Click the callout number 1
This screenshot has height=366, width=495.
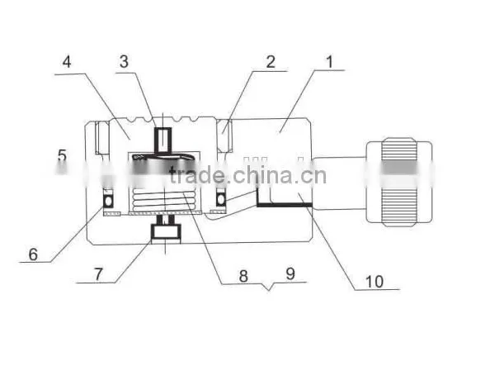[329, 62]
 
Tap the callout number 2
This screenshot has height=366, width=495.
[271, 62]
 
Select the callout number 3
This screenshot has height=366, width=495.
[124, 61]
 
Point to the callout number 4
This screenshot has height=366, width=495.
[67, 62]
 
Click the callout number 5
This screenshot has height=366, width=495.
[63, 156]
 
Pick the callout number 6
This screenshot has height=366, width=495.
[33, 254]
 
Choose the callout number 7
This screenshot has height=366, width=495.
[99, 274]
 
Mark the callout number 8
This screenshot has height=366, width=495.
[243, 276]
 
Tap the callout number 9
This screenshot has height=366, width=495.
[290, 273]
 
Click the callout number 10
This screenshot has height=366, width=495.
[375, 281]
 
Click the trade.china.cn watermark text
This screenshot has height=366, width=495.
[247, 175]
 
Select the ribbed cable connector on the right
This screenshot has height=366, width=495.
[399, 182]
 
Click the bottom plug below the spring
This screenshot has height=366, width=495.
[166, 232]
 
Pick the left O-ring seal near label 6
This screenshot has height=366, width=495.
[109, 201]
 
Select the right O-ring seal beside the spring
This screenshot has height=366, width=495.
[220, 199]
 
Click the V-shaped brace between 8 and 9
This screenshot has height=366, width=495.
[269, 286]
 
